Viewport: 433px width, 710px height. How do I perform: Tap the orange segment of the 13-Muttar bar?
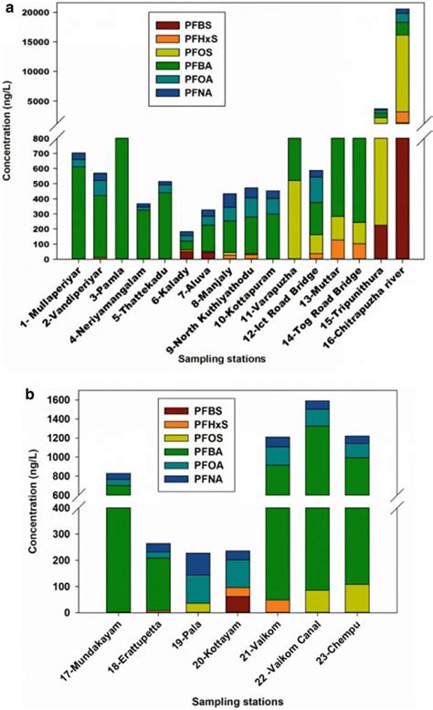pos(337,249)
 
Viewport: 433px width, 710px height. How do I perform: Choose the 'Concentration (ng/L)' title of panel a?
pos(10,136)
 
